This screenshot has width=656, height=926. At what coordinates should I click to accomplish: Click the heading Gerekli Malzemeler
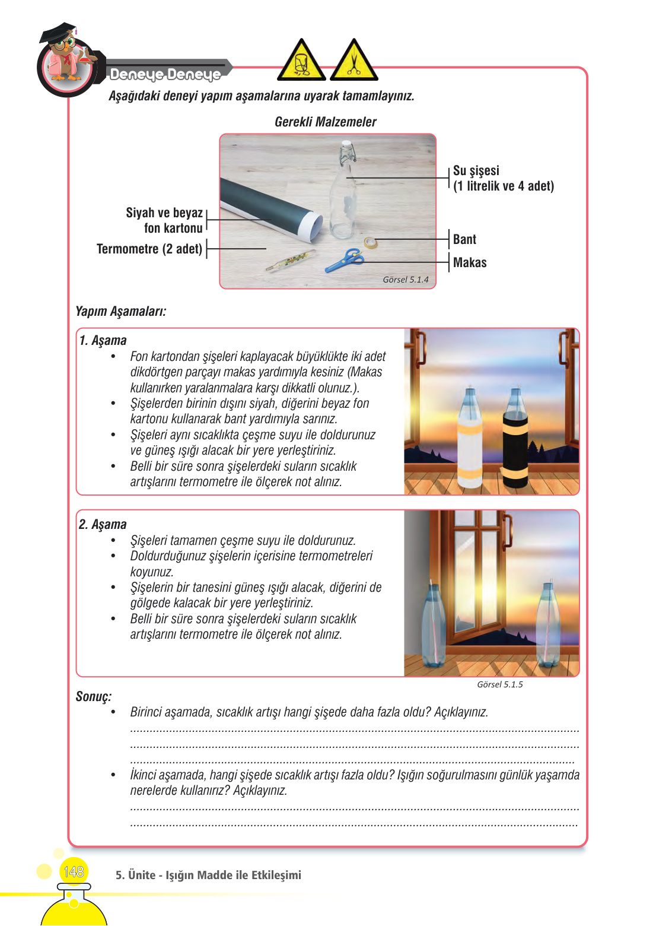(x=325, y=122)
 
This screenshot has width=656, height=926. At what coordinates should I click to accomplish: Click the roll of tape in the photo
(x=371, y=242)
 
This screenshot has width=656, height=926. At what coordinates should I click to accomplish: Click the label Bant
(x=464, y=239)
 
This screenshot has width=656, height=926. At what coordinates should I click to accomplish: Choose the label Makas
(x=469, y=262)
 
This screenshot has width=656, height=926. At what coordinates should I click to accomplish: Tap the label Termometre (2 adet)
(x=149, y=249)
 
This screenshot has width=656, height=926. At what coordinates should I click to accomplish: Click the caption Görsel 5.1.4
(x=405, y=280)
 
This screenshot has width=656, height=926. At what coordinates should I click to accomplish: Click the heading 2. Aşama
(x=103, y=524)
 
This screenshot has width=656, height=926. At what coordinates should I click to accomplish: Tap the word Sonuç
(x=93, y=696)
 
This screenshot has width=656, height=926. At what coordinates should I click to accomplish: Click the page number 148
(x=74, y=871)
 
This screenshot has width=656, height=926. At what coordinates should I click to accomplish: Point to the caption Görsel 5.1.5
(x=499, y=684)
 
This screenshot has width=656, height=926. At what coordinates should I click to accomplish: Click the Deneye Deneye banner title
(x=165, y=74)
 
